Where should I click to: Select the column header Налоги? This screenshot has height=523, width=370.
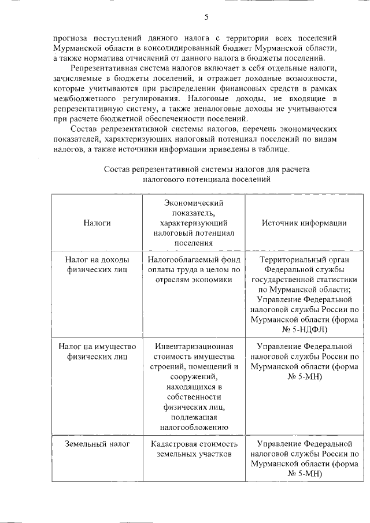[x=97, y=222]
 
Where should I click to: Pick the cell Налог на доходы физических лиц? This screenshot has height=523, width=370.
[x=97, y=265]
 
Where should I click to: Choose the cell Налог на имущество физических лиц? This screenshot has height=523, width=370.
[x=97, y=351]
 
